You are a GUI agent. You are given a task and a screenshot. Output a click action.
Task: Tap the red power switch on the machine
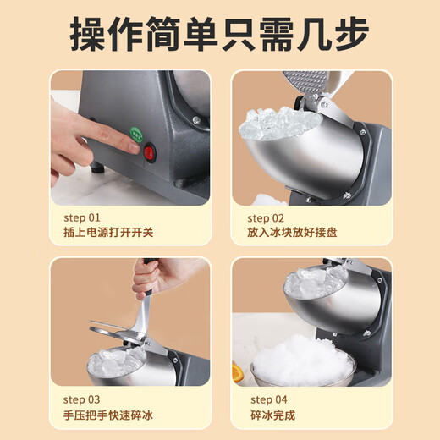pos(151,153)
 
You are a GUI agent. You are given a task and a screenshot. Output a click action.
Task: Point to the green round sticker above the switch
pos(135,132)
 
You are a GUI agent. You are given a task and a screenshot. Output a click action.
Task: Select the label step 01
pos(81,217)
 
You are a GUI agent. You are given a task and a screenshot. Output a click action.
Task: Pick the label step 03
pos(81,399)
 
